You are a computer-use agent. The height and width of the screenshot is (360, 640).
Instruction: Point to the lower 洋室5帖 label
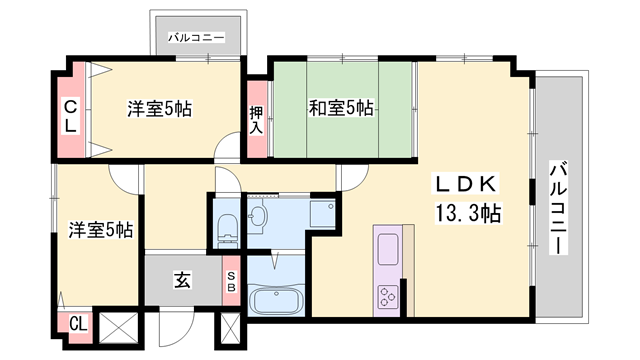(100, 229)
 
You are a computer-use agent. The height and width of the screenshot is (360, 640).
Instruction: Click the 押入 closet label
(256, 121)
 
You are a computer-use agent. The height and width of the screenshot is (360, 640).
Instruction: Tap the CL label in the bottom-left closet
(78, 324)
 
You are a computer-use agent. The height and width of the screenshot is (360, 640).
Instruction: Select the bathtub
(274, 301)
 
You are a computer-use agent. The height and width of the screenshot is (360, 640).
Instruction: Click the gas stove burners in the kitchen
(386, 297)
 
